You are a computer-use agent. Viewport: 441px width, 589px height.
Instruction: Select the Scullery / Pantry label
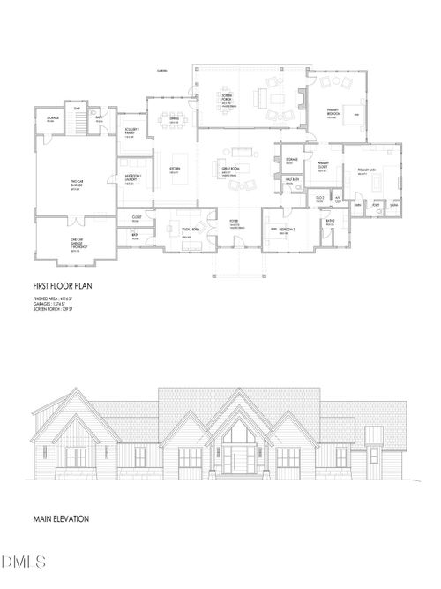point(130,133)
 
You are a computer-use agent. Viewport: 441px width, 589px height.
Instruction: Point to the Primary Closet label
point(322,169)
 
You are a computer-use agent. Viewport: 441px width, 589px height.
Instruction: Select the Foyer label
point(235,223)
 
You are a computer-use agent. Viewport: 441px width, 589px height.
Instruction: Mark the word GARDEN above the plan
point(162,69)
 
